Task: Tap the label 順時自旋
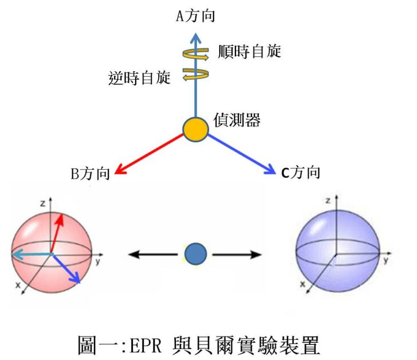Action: [249, 52]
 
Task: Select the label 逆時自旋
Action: [139, 77]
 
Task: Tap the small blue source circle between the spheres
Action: [195, 254]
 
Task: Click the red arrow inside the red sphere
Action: [57, 232]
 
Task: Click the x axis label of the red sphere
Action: [18, 285]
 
